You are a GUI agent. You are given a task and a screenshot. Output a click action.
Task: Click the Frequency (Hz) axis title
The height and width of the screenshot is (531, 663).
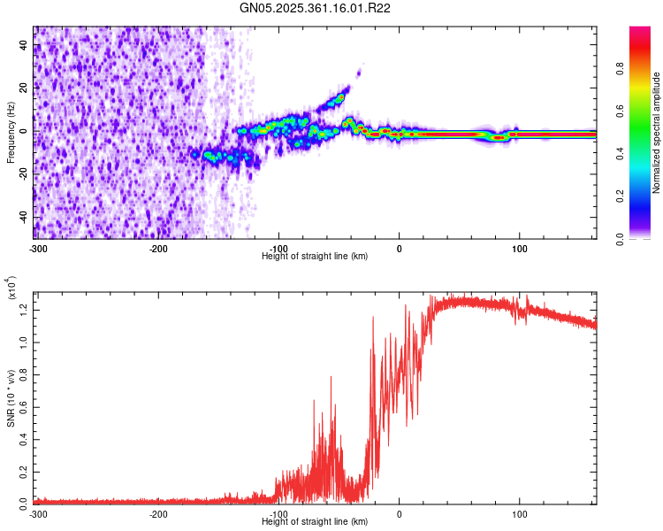coord(11,132)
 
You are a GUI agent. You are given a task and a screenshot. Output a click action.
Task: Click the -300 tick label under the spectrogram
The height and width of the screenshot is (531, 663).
coord(37,248)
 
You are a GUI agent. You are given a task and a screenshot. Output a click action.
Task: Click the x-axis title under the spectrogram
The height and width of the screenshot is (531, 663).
coord(316,257)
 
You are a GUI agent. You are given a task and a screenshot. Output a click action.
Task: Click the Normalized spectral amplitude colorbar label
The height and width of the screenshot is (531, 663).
coord(656,133)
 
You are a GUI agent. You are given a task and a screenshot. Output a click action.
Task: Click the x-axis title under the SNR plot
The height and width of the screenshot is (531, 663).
coord(316,522)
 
